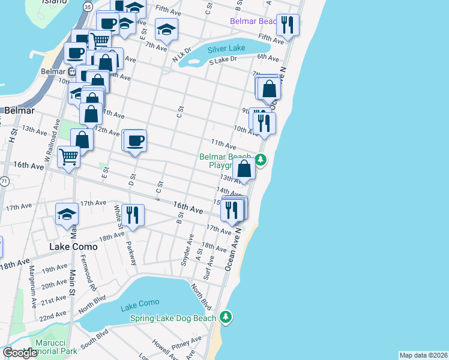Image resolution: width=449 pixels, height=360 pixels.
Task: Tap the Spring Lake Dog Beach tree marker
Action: click(225, 316)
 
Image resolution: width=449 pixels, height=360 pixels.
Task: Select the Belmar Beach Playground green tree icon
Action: click(260, 160)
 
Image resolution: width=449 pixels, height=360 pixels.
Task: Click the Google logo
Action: click(20, 353)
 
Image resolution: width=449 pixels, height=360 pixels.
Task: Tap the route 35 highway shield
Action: click(88, 7)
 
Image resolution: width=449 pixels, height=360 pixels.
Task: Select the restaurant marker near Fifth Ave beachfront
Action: click(287, 25)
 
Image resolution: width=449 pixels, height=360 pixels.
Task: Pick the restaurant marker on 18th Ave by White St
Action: click(133, 214)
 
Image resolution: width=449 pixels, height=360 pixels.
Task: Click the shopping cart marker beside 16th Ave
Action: click(69, 157)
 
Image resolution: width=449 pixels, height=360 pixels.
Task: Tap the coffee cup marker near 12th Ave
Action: click(136, 141)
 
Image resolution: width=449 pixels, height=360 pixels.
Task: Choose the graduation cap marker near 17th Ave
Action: click(67, 214)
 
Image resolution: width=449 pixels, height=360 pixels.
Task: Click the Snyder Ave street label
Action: click(187, 253)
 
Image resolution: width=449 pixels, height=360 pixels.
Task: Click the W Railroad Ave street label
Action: click(52, 142)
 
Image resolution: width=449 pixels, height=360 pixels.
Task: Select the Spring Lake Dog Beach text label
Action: click(173, 318)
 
